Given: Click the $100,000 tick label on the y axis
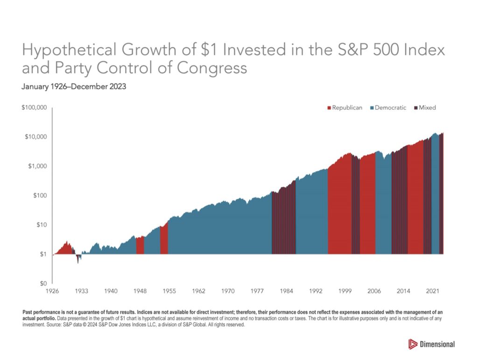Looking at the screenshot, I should (x=34, y=107).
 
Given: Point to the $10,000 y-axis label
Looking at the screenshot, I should (x=35, y=137).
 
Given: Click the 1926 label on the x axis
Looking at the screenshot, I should (x=52, y=291).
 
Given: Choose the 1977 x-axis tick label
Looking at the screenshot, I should (x=257, y=291).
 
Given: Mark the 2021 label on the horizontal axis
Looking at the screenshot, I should (x=433, y=291).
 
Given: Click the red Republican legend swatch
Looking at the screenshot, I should (x=329, y=108).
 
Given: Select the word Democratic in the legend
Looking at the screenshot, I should (x=391, y=108).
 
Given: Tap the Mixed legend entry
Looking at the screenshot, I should (x=427, y=108).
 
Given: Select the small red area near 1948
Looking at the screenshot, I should (x=140, y=246).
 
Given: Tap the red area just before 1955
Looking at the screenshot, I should (x=164, y=240).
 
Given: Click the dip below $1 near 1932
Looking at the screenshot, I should (x=78, y=258).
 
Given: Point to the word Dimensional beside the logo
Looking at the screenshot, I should (x=438, y=344).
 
